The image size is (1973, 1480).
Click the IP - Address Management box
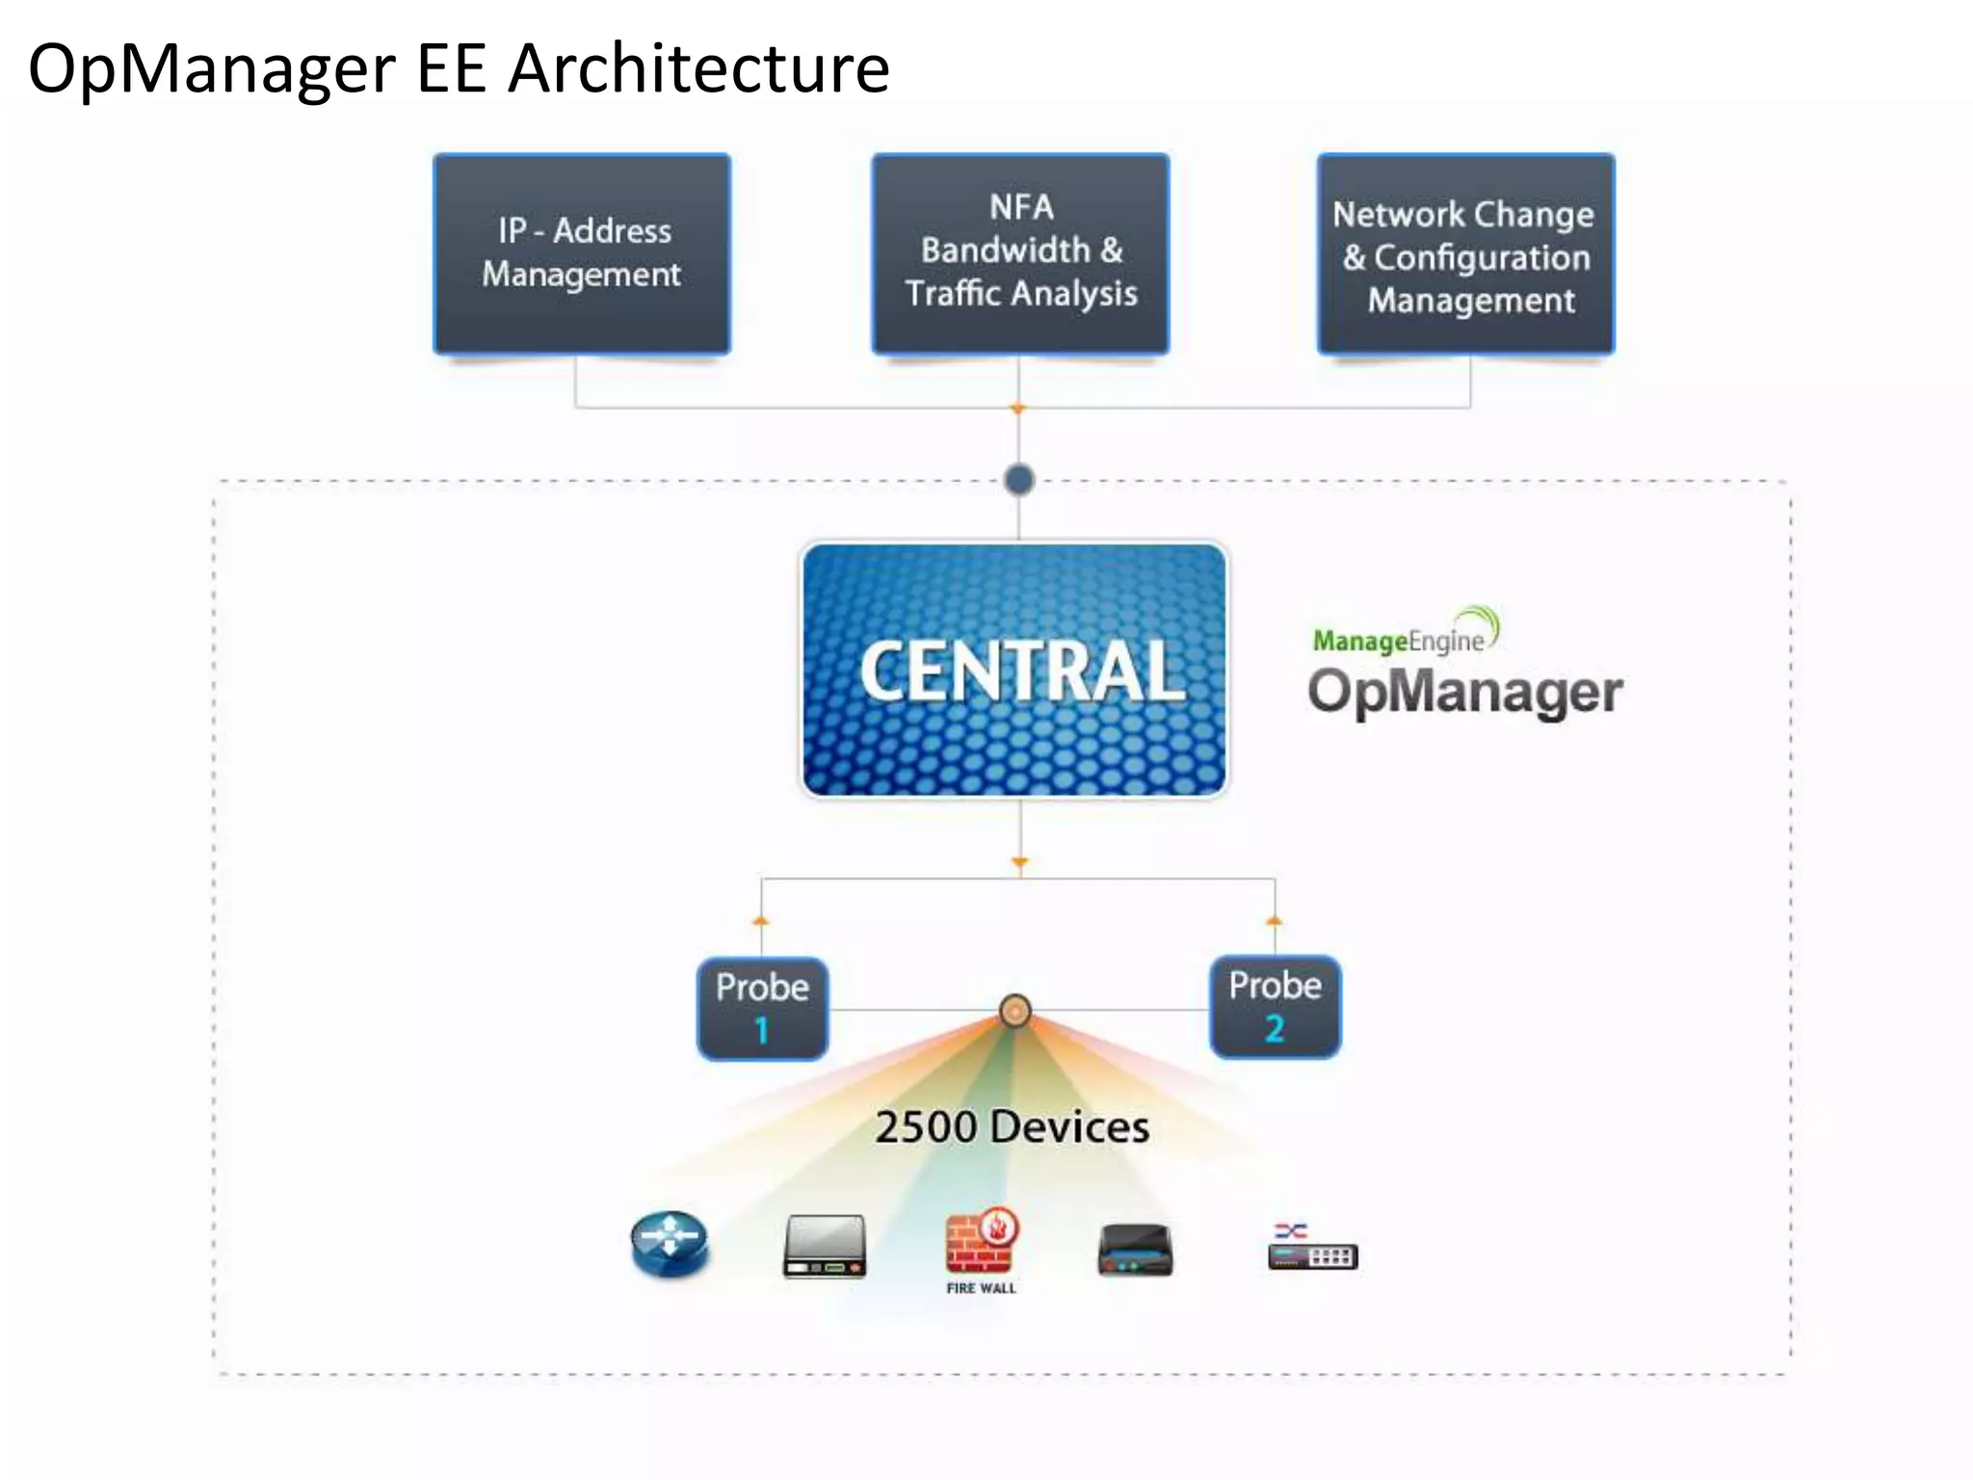[x=582, y=253]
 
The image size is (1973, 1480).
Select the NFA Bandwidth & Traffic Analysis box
[x=1020, y=253]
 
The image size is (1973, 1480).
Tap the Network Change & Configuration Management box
[x=1465, y=255]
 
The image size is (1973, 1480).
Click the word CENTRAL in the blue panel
[x=1020, y=672]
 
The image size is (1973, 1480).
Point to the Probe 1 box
[x=762, y=1008]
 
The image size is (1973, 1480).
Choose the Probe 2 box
[x=1275, y=1006]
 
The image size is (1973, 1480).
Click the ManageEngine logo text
[x=1398, y=640]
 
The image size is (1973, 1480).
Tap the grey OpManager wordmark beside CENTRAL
[x=1464, y=693]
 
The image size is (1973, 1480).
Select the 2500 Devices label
[x=1012, y=1126]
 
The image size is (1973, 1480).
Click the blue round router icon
[x=670, y=1243]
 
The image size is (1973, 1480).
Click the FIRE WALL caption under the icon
[x=981, y=1288]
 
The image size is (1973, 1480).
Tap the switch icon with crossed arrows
[x=1311, y=1248]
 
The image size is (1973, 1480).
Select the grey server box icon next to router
[x=825, y=1246]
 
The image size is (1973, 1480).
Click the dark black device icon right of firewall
[x=1135, y=1250]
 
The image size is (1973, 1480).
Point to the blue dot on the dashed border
[x=1018, y=479]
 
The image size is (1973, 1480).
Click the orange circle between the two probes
[x=1014, y=1011]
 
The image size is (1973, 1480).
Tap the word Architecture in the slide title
[x=698, y=69]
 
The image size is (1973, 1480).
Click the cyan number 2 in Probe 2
[x=1274, y=1028]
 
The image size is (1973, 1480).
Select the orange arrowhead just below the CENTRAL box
[x=1019, y=861]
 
